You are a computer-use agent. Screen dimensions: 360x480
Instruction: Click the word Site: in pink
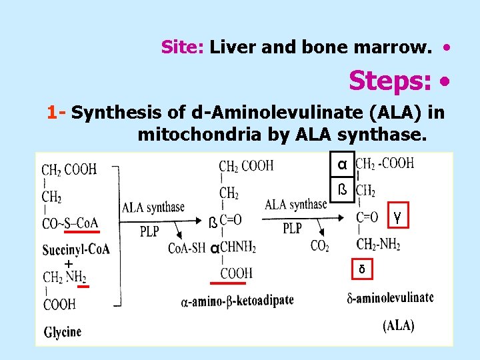183,47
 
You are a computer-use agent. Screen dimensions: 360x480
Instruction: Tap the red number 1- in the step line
56,113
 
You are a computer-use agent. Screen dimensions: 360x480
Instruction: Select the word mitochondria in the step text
201,135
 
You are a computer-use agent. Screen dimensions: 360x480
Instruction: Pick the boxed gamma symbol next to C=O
397,216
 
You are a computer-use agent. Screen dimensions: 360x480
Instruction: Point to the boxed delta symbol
361,269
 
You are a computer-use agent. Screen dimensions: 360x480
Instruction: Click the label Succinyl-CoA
76,249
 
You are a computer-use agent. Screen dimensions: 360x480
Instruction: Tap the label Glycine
63,331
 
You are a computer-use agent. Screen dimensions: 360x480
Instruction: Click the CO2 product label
320,246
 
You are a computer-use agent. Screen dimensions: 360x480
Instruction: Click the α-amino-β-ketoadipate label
237,301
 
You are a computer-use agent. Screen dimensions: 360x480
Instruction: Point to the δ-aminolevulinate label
389,297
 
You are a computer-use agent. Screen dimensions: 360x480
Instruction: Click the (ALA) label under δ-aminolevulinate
398,326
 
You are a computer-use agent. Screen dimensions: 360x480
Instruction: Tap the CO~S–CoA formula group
70,223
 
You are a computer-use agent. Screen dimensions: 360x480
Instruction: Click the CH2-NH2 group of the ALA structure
378,244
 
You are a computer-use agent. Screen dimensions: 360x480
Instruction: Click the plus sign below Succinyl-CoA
68,265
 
